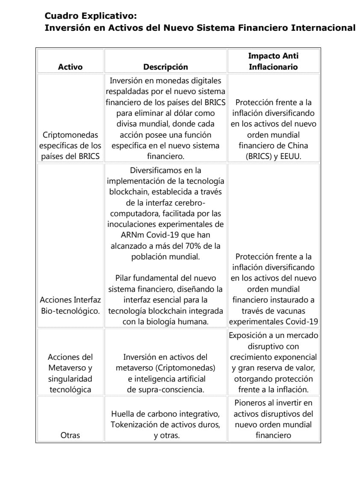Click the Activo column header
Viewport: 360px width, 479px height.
pyautogui.click(x=71, y=67)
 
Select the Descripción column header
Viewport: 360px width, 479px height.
pyautogui.click(x=165, y=67)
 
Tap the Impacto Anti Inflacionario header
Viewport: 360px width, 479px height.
pyautogui.click(x=273, y=62)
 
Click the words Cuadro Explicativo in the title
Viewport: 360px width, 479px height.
pyautogui.click(x=91, y=17)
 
